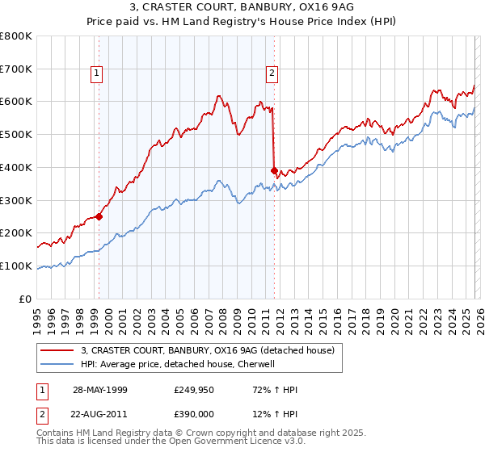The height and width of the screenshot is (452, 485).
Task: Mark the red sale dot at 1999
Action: (x=99, y=216)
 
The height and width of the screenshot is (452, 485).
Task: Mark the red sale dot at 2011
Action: (x=274, y=170)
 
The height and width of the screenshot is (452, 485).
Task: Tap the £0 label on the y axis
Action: (x=26, y=299)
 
